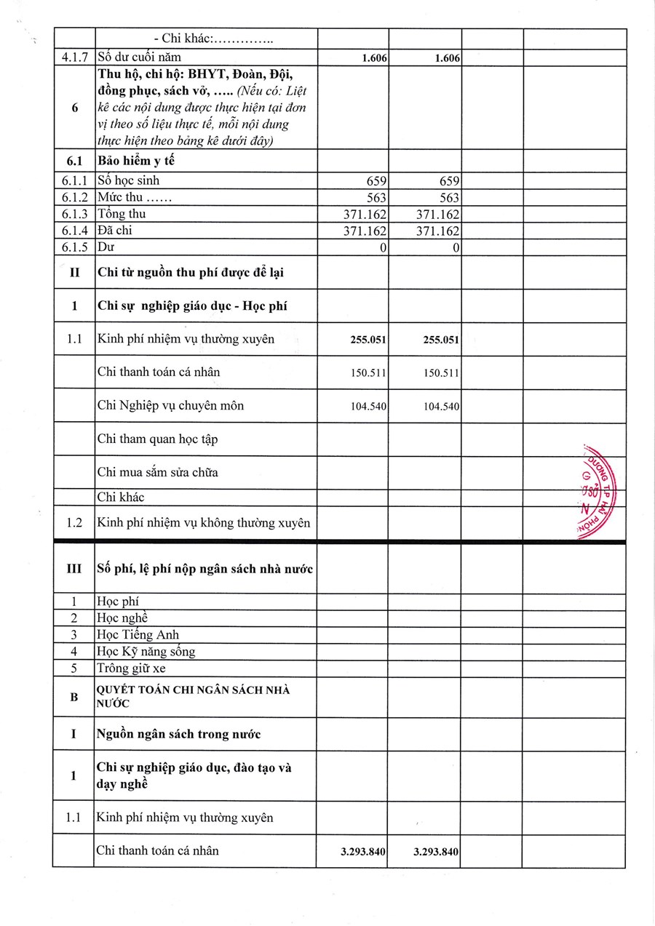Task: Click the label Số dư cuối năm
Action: click(139, 57)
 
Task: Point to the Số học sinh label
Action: click(128, 180)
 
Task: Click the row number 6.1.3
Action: click(74, 215)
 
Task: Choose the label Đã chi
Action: click(115, 231)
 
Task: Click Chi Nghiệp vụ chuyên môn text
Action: click(170, 405)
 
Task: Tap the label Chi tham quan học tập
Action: click(157, 439)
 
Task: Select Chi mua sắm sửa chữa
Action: click(157, 472)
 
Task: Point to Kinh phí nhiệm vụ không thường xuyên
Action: click(204, 522)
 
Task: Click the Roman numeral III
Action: click(74, 569)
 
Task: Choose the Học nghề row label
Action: click(122, 618)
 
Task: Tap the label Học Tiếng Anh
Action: click(138, 634)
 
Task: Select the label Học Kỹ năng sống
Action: click(146, 651)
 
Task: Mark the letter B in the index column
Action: click(74, 697)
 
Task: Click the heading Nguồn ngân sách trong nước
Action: click(178, 734)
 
